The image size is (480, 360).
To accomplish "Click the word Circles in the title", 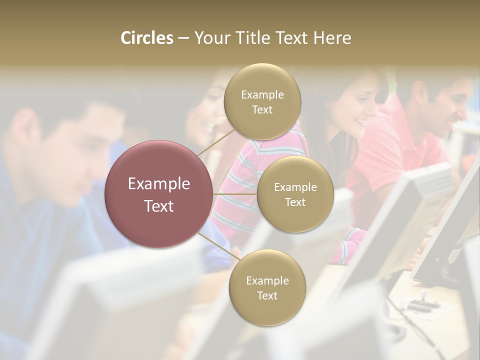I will [x=146, y=38].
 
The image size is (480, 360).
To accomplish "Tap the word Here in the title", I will [x=332, y=38].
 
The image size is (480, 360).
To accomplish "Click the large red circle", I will [x=159, y=194].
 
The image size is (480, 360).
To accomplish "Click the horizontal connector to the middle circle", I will [x=235, y=194].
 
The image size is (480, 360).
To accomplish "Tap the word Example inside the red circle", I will [x=159, y=184].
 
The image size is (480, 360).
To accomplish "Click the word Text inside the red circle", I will [x=159, y=206].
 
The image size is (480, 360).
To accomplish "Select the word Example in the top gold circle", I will [x=262, y=95].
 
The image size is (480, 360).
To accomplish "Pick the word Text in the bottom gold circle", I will [x=267, y=296].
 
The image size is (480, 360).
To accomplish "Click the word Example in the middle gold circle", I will [x=295, y=187].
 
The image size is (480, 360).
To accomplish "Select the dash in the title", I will [x=183, y=38].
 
